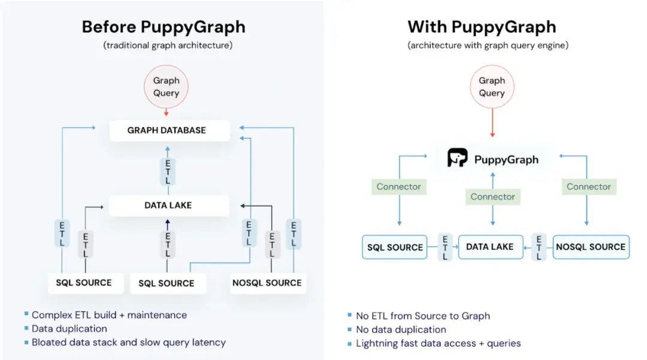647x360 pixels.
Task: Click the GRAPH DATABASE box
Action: coord(167,130)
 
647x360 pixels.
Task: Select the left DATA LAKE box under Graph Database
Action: coord(168,205)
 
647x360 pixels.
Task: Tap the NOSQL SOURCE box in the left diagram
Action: coord(267,283)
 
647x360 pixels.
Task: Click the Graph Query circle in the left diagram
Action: coord(166,87)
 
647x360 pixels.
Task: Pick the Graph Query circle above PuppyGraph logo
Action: coord(492,87)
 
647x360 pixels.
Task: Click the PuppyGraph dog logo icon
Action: coord(458,158)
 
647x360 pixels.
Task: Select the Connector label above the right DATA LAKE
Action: coord(492,196)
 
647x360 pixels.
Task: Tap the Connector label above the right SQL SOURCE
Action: coord(398,187)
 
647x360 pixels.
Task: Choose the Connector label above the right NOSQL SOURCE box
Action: coord(588,187)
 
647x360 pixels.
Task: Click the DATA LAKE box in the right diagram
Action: coord(490,247)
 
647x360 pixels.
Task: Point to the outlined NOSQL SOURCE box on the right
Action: coord(591,247)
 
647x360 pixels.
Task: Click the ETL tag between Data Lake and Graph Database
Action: coord(168,171)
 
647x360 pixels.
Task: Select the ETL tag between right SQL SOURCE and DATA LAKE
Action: coord(445,247)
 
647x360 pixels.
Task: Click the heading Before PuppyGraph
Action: coord(163,27)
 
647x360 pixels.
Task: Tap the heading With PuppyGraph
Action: coord(482,27)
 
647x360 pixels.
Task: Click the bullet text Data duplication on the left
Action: coord(69,329)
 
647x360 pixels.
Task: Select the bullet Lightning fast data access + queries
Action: coord(438,343)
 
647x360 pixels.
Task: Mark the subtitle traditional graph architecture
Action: coord(168,45)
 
